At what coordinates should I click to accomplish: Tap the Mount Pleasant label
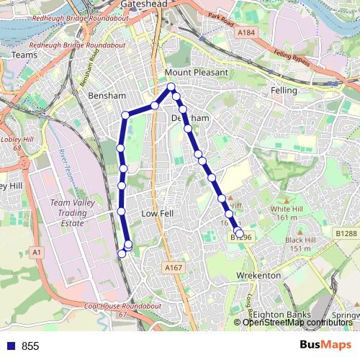pos(196,73)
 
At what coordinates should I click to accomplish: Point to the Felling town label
pos(284,91)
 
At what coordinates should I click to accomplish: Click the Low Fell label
pos(157,214)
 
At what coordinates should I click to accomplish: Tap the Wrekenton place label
pos(258,276)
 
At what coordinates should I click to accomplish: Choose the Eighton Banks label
pos(282,315)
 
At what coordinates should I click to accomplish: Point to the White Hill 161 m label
pos(285,212)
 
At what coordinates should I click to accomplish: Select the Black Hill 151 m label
pos(302,244)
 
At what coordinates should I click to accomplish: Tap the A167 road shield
pos(173,268)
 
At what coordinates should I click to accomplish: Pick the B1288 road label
pos(346,233)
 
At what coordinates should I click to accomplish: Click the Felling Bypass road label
pos(292,60)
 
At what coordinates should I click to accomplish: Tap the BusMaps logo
pos(325,345)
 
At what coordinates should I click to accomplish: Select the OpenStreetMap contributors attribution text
pos(297,322)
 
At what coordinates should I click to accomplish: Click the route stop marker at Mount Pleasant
pos(171,88)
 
